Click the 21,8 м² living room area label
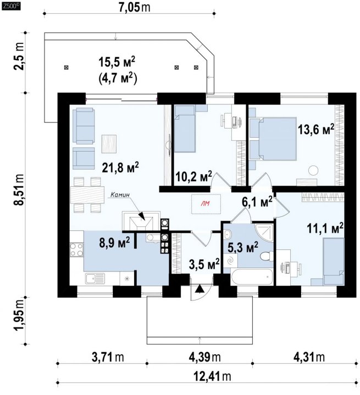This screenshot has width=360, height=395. pos(120,167)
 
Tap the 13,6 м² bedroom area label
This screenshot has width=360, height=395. pos(316,129)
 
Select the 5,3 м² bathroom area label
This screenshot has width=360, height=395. pos(243,247)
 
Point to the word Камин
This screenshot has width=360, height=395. pos(120,194)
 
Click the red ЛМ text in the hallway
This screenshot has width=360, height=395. pos(206,204)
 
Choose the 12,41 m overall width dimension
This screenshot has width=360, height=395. pos(212,377)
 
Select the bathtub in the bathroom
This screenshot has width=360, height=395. pos(252,276)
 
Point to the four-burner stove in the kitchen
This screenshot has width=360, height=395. pos(76,249)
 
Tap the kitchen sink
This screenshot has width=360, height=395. pos(95,279)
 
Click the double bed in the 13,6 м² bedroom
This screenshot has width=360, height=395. pos(273,139)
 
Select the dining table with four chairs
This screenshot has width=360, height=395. pos(87,194)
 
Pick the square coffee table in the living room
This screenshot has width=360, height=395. pos(109,144)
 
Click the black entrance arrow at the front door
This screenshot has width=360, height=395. pos(200,289)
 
